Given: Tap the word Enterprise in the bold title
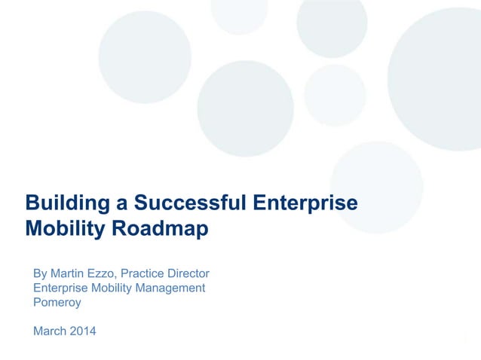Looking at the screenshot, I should tap(305, 203).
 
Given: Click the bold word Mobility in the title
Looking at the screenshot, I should tap(66, 229).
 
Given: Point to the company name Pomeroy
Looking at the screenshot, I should tap(57, 302).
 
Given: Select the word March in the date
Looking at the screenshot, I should tap(49, 331).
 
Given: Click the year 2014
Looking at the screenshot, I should tap(83, 331).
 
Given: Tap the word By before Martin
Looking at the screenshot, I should tap(41, 273).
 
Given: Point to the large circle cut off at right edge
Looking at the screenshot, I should tap(441, 75).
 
